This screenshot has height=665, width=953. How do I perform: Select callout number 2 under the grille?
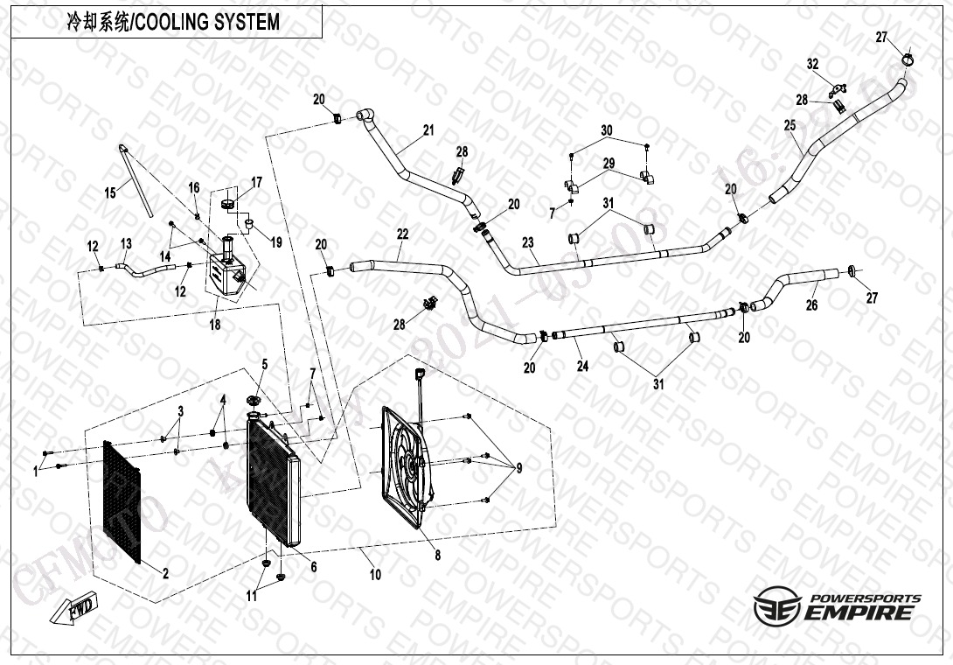(164, 573)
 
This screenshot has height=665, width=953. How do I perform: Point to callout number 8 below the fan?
(437, 555)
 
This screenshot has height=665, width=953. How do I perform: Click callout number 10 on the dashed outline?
(375, 575)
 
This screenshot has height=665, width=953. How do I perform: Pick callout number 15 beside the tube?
(110, 192)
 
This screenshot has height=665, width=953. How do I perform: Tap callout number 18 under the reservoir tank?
(215, 325)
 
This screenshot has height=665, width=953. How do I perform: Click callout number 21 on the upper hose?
(428, 131)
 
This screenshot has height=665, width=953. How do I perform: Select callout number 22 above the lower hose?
(402, 234)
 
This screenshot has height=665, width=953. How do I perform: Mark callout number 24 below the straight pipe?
(582, 366)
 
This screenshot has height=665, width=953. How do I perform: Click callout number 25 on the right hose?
(790, 126)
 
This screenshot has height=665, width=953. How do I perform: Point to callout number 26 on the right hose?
(811, 305)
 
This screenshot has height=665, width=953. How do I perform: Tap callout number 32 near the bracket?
(812, 64)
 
